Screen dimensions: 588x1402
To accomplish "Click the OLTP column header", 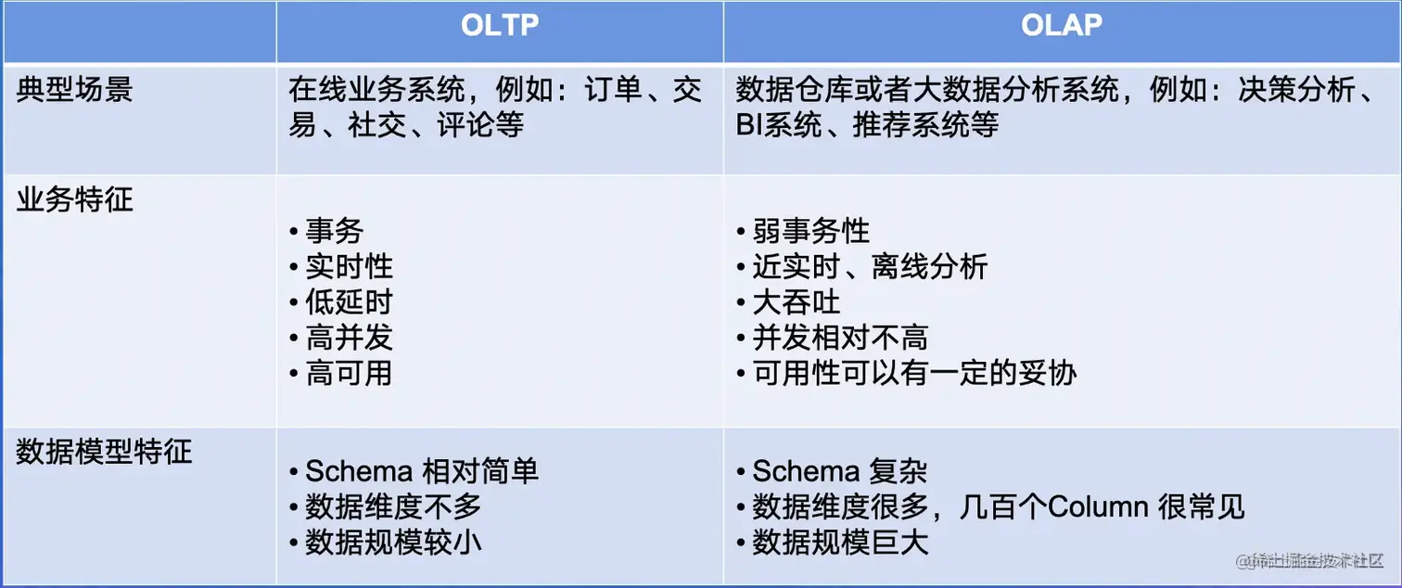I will pos(500,25).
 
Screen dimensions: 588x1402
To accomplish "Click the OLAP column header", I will pos(1062,25).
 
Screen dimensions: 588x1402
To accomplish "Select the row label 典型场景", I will pos(75,89).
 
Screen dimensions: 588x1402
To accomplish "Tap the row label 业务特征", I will pos(75,199).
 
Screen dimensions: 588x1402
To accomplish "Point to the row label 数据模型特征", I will pos(104,452).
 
